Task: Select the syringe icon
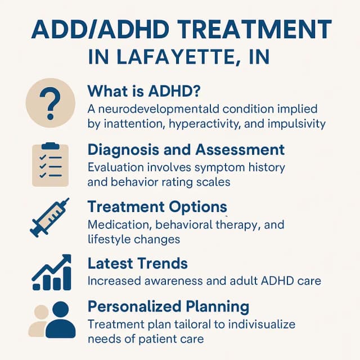point(49,217)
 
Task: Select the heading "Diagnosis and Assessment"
point(186,150)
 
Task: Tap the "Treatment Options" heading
point(157,207)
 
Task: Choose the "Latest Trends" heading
point(138,263)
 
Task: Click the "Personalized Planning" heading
point(168,307)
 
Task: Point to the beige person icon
point(38,322)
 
